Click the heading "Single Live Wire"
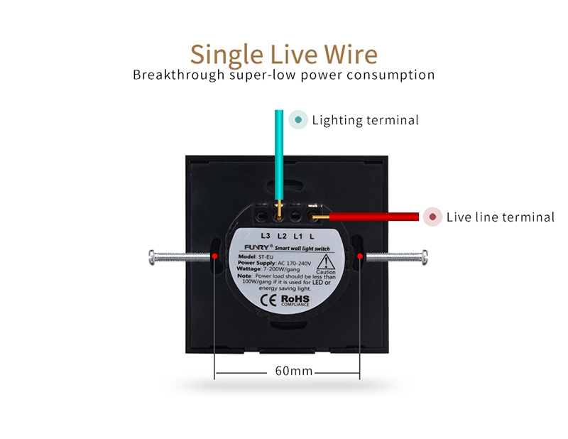[284, 54]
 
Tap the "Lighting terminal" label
[365, 120]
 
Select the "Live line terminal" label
[500, 217]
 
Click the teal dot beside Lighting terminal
[299, 120]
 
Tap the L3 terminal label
[266, 235]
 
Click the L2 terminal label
[282, 235]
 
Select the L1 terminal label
[298, 235]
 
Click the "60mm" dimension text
[293, 372]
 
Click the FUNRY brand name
[248, 248]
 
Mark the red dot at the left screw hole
[214, 254]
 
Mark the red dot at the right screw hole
[360, 254]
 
